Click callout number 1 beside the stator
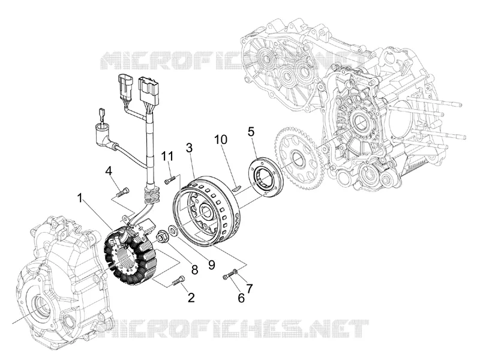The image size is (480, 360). [x=80, y=199]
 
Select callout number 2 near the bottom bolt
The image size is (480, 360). [x=191, y=297]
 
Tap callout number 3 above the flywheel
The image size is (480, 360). [x=190, y=148]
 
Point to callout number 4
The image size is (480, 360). [x=109, y=170]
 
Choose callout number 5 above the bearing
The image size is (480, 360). [x=251, y=132]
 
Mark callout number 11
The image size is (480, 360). [x=167, y=156]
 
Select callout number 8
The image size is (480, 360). [x=194, y=270]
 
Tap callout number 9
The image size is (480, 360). [x=212, y=265]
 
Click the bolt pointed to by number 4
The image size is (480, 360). [x=123, y=193]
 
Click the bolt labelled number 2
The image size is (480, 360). [x=178, y=281]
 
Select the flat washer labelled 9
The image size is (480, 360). [x=172, y=231]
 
